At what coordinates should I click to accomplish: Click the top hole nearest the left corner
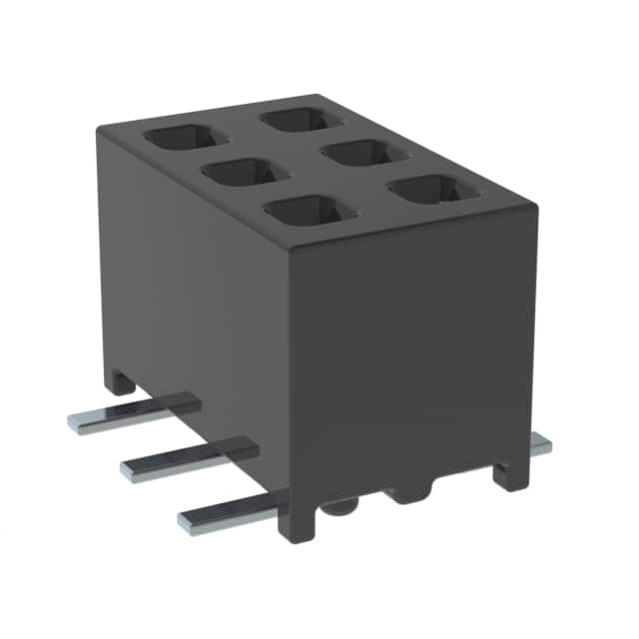click(181, 138)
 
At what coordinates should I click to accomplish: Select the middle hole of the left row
click(239, 173)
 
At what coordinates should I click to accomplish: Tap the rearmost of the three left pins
click(130, 413)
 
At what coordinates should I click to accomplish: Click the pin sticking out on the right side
click(540, 446)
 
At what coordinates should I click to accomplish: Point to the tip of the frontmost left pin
click(186, 519)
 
